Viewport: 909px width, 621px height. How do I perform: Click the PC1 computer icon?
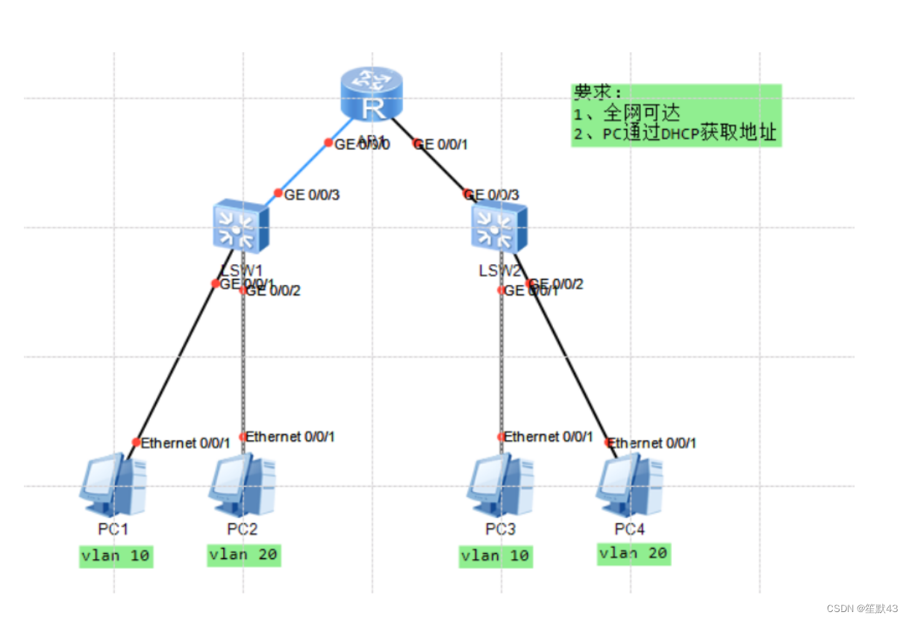click(113, 484)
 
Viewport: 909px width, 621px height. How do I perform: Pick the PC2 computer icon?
click(242, 484)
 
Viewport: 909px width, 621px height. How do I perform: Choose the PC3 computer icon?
click(500, 484)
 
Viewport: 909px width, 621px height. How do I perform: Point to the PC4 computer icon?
click(629, 484)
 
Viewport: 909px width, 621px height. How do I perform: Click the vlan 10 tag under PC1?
click(116, 556)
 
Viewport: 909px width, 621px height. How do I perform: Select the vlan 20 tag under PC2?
click(244, 555)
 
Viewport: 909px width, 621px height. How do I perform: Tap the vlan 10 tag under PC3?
click(496, 556)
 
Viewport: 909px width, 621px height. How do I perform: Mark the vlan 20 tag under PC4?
click(634, 553)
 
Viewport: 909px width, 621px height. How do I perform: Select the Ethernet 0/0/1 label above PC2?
click(290, 436)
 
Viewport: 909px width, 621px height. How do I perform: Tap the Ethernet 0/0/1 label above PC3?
click(549, 436)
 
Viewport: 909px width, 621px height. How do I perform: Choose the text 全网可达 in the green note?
click(642, 113)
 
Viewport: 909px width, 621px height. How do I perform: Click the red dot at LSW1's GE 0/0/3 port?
click(278, 193)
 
